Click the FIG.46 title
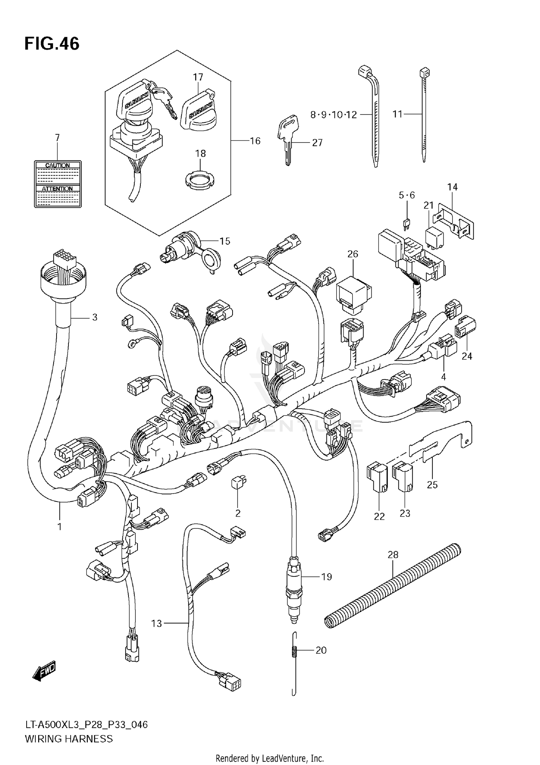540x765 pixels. click(52, 44)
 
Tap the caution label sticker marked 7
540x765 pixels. click(58, 184)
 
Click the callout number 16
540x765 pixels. click(255, 141)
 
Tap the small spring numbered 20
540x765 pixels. click(293, 651)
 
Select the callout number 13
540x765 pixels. click(157, 623)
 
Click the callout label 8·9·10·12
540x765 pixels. click(333, 115)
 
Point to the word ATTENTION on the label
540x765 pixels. click(57, 189)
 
